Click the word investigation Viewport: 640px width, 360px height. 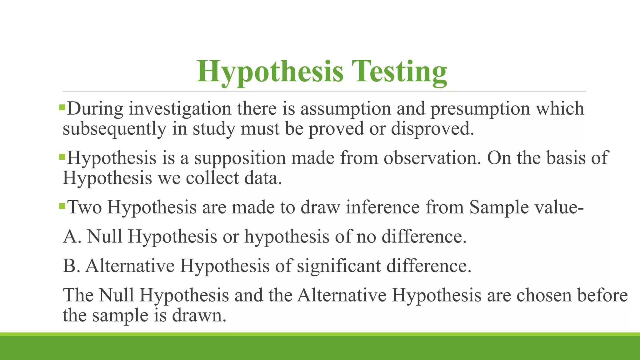pyautogui.click(x=180, y=109)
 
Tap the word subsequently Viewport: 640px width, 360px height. pyautogui.click(x=114, y=129)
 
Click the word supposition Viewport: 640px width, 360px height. pyautogui.click(x=240, y=157)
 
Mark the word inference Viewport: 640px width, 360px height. pyautogui.click(x=382, y=207)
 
